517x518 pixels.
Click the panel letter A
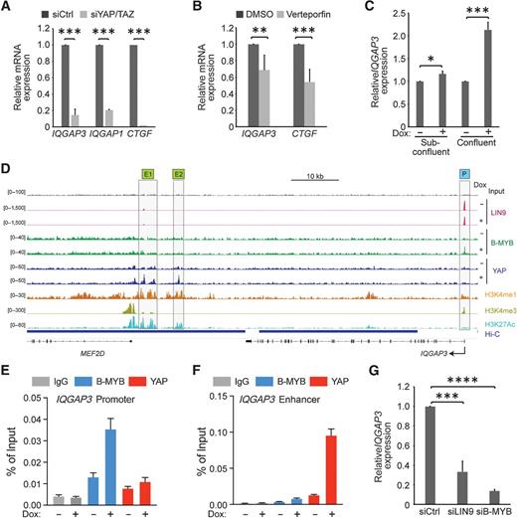point(7,8)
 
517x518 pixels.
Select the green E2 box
point(178,172)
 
